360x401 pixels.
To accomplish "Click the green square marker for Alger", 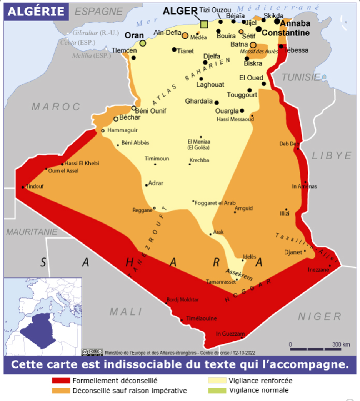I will pyautogui.click(x=204, y=24).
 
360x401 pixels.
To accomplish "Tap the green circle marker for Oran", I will pyautogui.click(x=143, y=43).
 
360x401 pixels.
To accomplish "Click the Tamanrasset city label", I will pyautogui.click(x=220, y=282).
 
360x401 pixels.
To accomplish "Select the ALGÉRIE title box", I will pyautogui.click(x=36, y=12).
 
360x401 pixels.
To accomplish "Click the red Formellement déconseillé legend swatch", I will pyautogui.click(x=61, y=381).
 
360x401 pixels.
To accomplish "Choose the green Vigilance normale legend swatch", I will pyautogui.click(x=217, y=390).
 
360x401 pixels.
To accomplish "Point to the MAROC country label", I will pyautogui.click(x=56, y=107).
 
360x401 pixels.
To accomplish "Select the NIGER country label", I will pyautogui.click(x=320, y=316).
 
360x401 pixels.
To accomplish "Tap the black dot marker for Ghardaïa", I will pyautogui.click(x=217, y=103).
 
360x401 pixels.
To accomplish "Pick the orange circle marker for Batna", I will pyautogui.click(x=253, y=45).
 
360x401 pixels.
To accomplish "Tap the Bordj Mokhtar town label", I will pyautogui.click(x=182, y=299).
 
